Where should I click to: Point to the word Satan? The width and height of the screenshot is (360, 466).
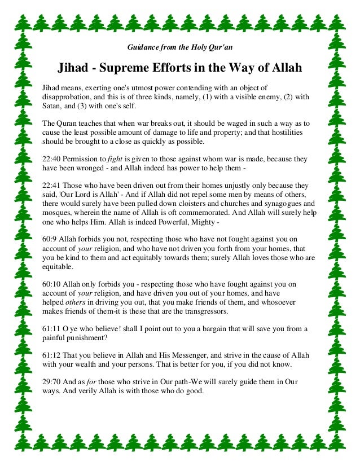coord(53,105)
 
